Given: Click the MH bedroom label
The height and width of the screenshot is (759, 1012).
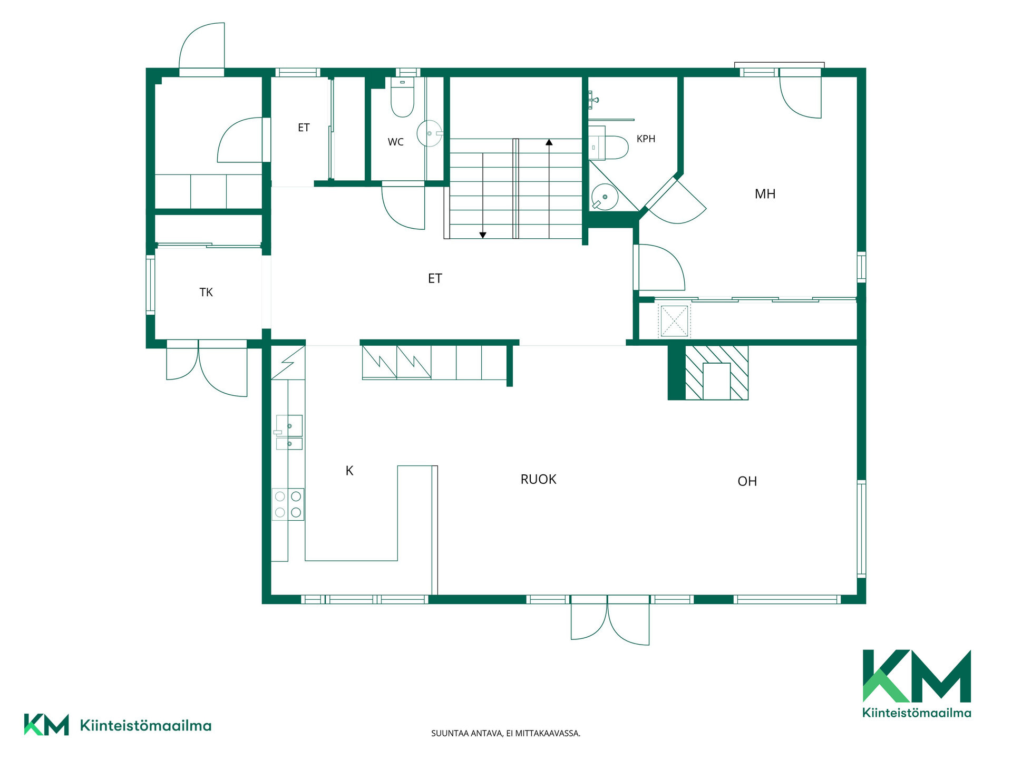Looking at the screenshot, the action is (x=765, y=194).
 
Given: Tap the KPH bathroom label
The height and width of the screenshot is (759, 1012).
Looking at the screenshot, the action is (x=646, y=139).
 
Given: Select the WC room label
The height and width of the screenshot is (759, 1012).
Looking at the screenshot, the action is (x=395, y=142).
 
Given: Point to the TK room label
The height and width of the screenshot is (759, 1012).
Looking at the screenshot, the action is (x=206, y=292).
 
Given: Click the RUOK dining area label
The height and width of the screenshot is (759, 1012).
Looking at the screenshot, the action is (x=538, y=479).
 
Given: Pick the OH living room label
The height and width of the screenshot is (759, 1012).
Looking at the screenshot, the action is (x=747, y=481).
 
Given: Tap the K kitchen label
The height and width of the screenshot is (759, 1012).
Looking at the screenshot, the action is (x=349, y=471).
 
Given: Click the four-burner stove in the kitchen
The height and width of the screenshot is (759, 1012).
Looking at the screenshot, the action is (x=288, y=504).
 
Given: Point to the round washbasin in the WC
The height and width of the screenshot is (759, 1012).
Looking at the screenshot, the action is (x=430, y=133).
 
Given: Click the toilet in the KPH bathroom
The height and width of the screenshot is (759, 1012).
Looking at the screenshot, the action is (x=609, y=147).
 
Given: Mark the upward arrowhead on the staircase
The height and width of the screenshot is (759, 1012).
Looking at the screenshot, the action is (x=549, y=142).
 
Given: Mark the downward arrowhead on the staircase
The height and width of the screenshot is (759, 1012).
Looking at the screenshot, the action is (x=482, y=235).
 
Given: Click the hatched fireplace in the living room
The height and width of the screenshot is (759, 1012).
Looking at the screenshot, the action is (x=716, y=373).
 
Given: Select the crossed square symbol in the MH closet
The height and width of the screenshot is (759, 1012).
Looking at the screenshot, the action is (x=674, y=321).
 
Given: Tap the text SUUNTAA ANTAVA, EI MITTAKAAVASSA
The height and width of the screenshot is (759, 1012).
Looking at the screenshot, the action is (x=505, y=733).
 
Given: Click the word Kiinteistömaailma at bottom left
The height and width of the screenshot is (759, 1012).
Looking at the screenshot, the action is (x=145, y=725).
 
